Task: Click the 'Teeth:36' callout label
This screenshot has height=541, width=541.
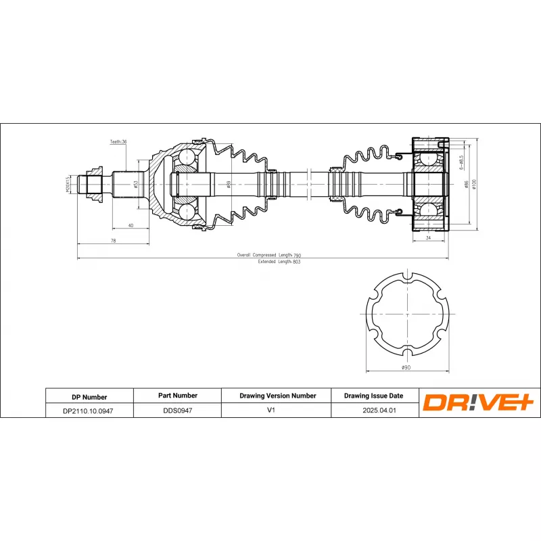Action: tap(119, 142)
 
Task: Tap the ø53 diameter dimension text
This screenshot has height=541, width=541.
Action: tap(135, 183)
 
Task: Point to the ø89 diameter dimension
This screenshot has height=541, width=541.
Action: tap(229, 183)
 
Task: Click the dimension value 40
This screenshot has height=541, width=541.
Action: tap(131, 225)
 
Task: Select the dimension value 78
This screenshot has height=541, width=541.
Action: tap(113, 241)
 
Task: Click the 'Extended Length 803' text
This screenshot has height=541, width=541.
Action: tap(278, 261)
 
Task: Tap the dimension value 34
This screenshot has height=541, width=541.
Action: tap(429, 238)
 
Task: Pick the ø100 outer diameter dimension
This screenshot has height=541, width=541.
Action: tap(475, 183)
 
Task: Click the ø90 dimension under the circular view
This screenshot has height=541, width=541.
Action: tap(406, 367)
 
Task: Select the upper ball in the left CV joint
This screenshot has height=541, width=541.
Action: tap(186, 158)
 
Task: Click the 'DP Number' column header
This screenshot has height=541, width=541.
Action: tap(89, 397)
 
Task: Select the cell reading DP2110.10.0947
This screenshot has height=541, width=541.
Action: tap(89, 410)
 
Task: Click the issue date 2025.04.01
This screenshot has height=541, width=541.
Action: tap(374, 410)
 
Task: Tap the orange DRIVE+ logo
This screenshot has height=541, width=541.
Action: tap(478, 403)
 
